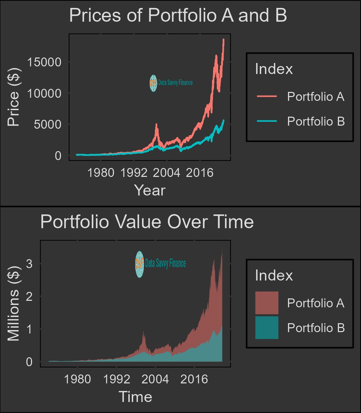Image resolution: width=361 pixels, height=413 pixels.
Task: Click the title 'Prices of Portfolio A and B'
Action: tap(178, 16)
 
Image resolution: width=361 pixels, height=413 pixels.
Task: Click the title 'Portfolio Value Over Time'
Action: tap(147, 222)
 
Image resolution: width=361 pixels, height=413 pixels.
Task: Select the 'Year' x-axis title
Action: tap(149, 190)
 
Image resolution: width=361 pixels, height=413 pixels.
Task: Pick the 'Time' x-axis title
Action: tap(135, 397)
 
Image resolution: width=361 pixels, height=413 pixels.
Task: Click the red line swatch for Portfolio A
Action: tap(267, 96)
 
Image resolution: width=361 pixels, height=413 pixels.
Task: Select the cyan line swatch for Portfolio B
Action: tap(267, 121)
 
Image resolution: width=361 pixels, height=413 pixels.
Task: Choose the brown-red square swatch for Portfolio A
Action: tap(267, 303)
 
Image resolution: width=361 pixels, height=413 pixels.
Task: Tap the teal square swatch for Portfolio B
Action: tap(267, 328)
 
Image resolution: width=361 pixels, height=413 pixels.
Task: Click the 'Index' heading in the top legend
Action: tap(274, 69)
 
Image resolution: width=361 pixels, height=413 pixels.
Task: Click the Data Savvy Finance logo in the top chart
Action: tap(171, 83)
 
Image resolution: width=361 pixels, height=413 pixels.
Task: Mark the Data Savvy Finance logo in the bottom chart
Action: tap(160, 264)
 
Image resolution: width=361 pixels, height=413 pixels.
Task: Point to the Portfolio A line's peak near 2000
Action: tap(156, 125)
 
